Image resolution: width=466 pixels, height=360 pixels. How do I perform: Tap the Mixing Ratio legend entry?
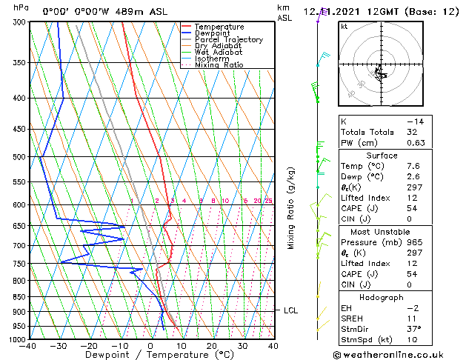tap(219, 65)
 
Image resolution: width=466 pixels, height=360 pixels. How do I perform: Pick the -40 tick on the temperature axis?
tap(28, 346)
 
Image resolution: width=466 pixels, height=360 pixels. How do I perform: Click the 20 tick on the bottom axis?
tap(212, 346)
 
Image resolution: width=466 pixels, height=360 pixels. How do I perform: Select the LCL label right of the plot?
tap(290, 310)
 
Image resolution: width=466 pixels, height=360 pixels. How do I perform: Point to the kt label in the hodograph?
tap(344, 26)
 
